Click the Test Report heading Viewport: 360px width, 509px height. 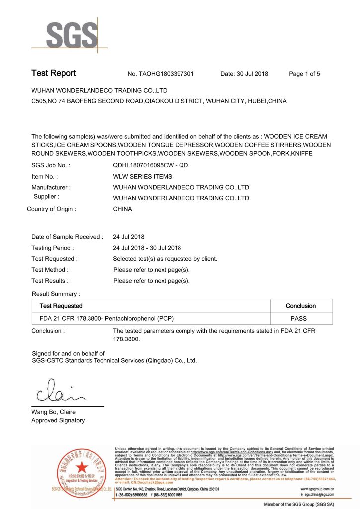pos(54,73)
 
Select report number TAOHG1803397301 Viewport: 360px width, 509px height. pos(161,74)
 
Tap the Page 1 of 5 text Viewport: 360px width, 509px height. pos(304,74)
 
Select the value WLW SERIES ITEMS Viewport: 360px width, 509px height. pos(143,176)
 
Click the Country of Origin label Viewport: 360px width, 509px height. pos(51,209)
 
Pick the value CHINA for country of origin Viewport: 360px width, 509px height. pos(123,209)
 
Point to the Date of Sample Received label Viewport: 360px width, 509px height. pos(67,237)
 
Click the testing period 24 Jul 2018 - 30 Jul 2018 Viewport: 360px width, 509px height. pos(147,248)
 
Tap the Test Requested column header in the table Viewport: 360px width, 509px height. pos(61,306)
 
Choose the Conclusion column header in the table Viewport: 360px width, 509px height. pos(300,306)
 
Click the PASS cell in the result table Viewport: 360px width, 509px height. pos(300,318)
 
